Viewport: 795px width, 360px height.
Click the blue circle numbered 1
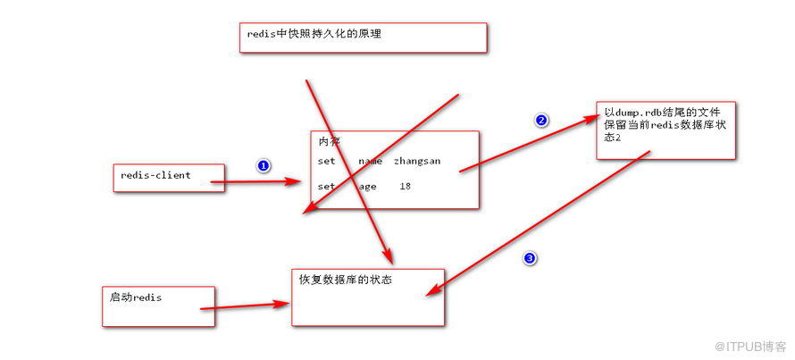click(x=264, y=166)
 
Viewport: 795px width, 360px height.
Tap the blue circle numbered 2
click(x=541, y=121)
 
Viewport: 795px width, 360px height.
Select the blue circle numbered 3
click(x=530, y=258)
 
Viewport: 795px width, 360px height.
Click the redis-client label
click(x=155, y=175)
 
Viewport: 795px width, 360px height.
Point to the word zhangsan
click(x=417, y=161)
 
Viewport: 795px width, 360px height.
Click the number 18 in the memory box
click(x=406, y=187)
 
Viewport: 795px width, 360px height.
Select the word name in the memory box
click(x=370, y=161)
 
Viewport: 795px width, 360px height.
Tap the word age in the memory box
click(x=368, y=187)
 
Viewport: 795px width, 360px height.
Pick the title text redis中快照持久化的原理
click(x=314, y=35)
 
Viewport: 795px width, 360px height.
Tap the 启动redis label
click(x=136, y=297)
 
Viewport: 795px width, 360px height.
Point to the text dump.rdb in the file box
click(x=636, y=112)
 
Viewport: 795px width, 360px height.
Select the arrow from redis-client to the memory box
click(x=256, y=181)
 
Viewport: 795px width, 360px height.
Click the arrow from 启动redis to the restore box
click(x=245, y=306)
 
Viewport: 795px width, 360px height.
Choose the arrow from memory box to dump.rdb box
click(x=531, y=144)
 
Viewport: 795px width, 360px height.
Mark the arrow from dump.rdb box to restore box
click(x=538, y=223)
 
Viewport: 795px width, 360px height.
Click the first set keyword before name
click(x=327, y=161)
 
